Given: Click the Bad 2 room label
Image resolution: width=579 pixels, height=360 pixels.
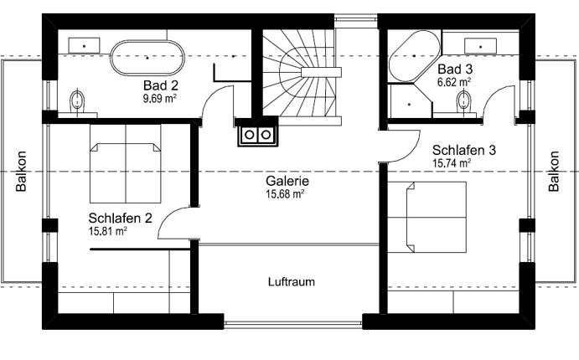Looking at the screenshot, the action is point(161,85).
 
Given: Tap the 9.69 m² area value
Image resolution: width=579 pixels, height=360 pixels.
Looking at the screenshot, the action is point(159,99).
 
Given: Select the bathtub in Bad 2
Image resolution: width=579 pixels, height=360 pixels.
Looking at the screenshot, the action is point(147,58).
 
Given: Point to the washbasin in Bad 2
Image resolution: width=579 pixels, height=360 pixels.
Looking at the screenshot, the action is point(84,46).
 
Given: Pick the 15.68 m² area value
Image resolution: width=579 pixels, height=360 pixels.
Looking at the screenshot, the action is point(285,194).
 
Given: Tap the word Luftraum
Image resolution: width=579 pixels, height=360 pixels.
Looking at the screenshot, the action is point(292,282).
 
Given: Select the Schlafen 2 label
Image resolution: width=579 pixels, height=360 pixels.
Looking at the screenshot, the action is point(120,218).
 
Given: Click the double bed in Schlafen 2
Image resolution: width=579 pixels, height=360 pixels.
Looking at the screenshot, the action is point(126,163).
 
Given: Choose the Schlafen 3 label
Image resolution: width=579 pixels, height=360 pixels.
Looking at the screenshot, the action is point(464,150).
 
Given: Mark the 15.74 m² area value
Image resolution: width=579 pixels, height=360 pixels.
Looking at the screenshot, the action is point(452,163).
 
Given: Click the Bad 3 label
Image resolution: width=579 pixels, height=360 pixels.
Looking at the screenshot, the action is point(455,69).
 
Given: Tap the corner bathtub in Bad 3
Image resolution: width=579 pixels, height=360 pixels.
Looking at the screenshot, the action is point(414,56).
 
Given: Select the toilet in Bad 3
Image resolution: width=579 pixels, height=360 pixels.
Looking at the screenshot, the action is point(464,100).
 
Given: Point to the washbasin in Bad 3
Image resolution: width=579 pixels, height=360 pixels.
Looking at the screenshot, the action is point(480,47).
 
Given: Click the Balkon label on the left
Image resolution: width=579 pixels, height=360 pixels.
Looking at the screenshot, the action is point(21,171).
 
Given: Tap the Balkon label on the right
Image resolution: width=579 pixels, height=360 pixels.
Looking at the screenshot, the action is point(554,171).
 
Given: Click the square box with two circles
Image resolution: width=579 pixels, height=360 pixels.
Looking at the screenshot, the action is point(257,135).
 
